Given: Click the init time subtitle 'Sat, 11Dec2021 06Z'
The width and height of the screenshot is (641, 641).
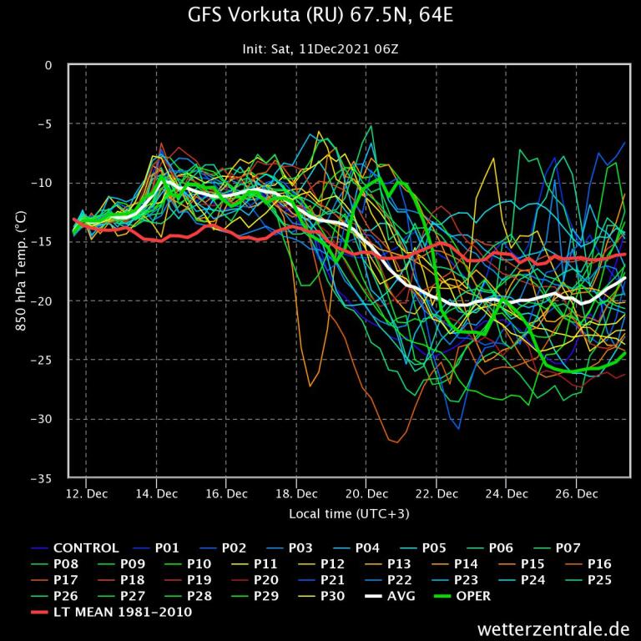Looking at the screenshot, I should click(320, 49).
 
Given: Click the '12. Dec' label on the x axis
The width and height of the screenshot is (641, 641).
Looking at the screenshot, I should click(86, 493).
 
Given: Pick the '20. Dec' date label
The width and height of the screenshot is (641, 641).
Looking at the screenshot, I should click(366, 493).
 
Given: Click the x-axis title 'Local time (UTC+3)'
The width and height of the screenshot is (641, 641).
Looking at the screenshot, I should click(349, 513).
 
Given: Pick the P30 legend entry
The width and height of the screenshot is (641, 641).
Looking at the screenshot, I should click(333, 596).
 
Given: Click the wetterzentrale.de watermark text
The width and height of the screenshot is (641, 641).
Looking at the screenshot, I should click(553, 627).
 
